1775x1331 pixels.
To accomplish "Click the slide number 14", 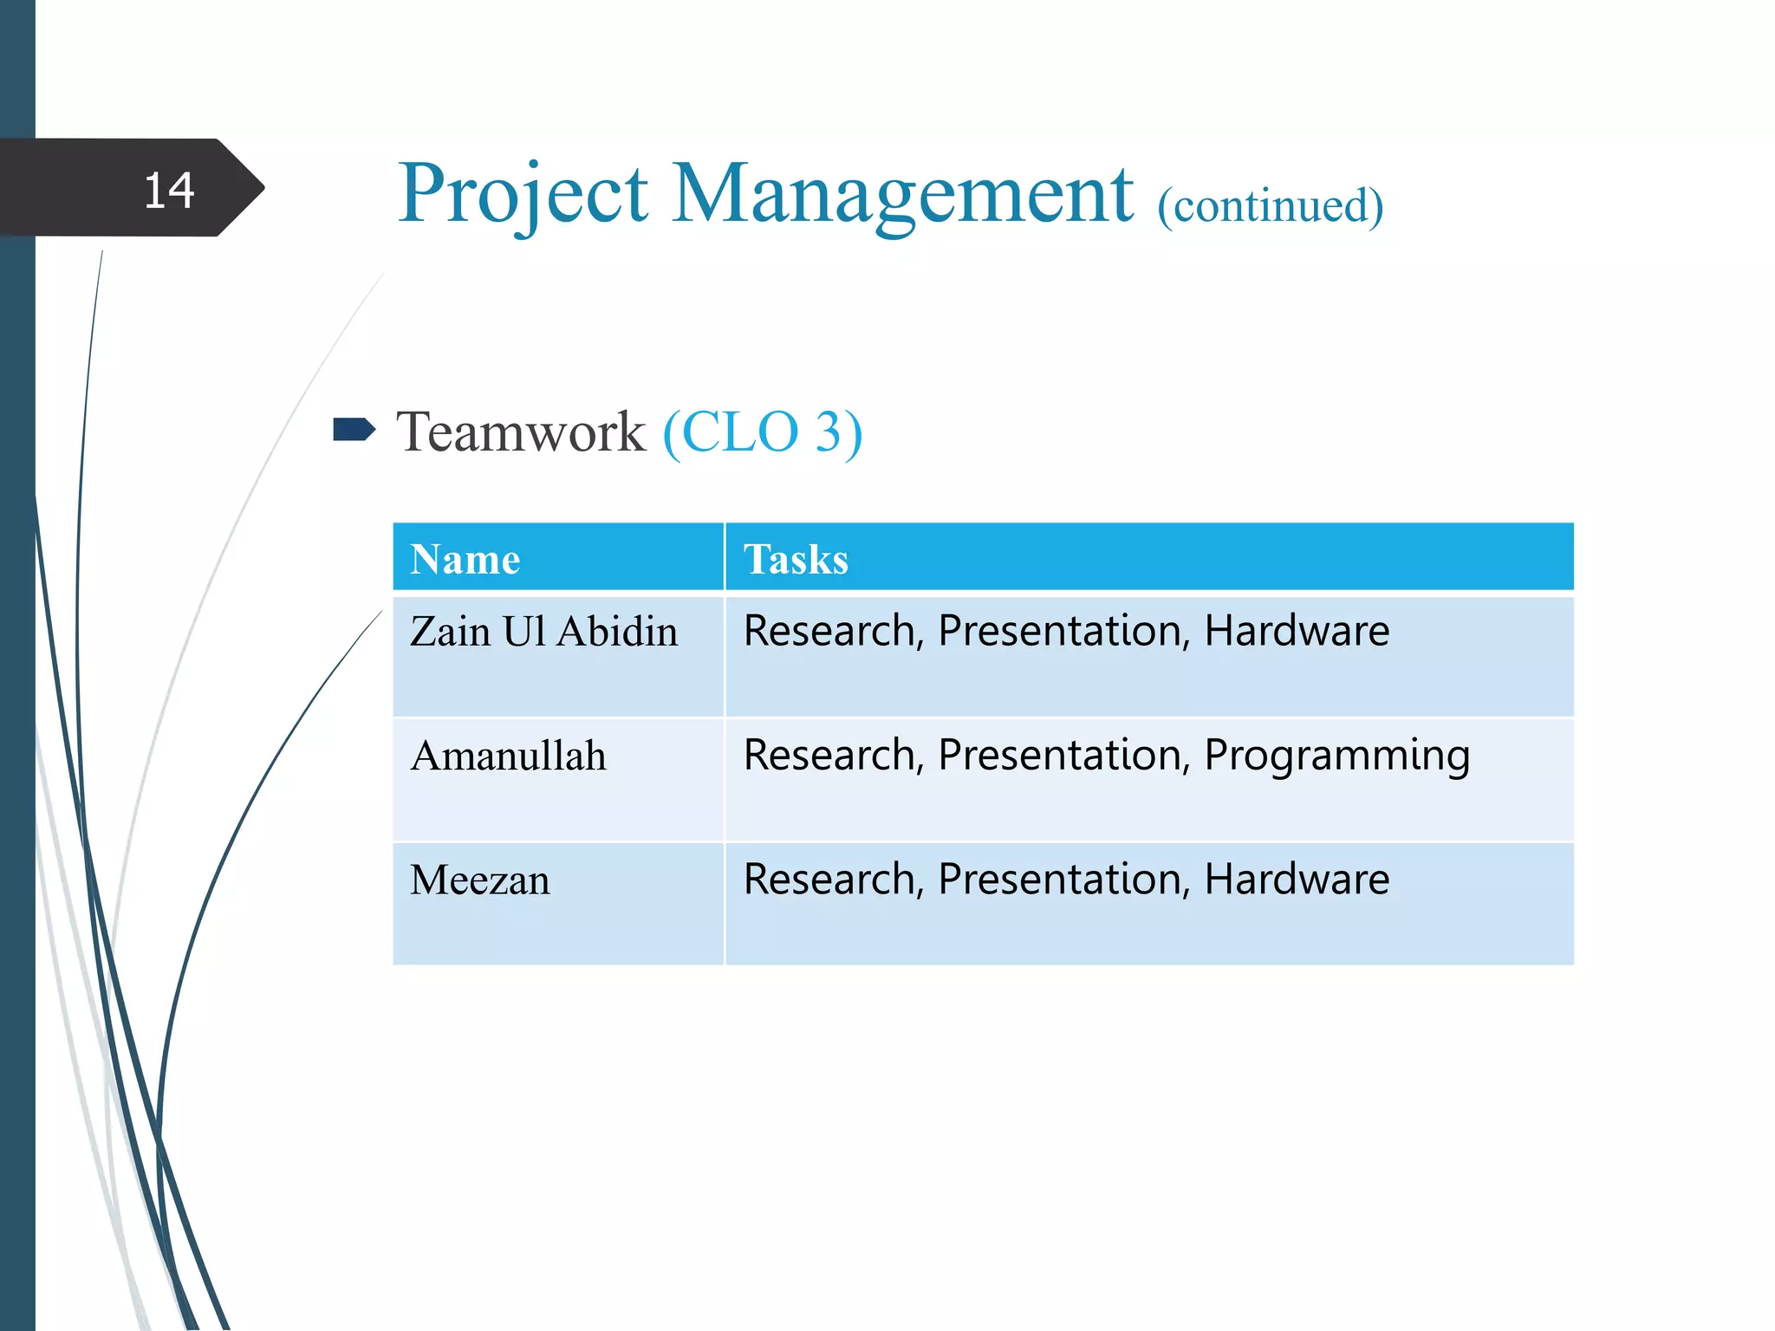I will tap(169, 191).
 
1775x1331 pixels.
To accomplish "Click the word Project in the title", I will tap(523, 195).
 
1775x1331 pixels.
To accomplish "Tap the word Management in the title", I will tap(902, 195).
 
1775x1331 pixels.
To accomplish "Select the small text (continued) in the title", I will tap(1271, 206).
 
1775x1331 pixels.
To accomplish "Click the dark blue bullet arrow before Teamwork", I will tap(354, 430).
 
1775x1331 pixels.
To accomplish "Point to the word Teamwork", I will tap(521, 432).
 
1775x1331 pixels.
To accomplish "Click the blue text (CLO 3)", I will tap(763, 432).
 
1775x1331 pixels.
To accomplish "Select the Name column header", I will tap(465, 559).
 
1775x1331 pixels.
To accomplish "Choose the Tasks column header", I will tap(796, 559).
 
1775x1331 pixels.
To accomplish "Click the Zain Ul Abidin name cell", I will tap(543, 631).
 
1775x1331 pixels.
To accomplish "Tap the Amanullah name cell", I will tap(508, 756).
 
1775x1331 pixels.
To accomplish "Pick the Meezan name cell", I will tap(479, 880).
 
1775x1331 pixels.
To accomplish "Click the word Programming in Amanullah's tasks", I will tap(1336, 756).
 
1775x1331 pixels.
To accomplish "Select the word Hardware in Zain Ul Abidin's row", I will tap(1297, 631).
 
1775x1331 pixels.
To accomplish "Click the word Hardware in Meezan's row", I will tap(1297, 880).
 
